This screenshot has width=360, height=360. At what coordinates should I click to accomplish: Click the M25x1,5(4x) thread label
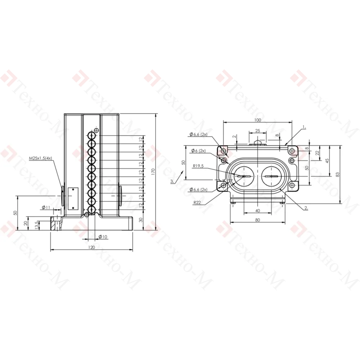(x=40, y=158)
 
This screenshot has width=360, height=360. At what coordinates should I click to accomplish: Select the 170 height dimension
(x=153, y=171)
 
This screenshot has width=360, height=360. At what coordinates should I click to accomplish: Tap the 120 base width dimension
(x=91, y=247)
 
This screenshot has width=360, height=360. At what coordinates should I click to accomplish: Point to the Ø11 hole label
(x=46, y=208)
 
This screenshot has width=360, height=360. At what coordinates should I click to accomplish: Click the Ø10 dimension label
(x=103, y=237)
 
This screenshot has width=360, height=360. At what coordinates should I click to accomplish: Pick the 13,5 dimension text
(x=36, y=225)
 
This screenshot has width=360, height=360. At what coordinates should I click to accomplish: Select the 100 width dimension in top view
(x=258, y=120)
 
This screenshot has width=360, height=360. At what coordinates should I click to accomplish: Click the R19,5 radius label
(x=198, y=166)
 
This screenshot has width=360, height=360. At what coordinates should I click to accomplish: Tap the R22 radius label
(x=197, y=202)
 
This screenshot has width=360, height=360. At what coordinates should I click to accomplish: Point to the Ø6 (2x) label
(x=199, y=151)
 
